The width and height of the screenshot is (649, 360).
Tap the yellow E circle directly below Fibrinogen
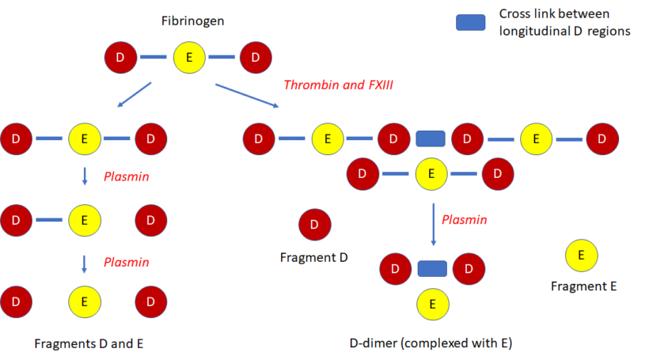(x=188, y=58)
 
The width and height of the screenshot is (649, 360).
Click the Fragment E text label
(x=583, y=286)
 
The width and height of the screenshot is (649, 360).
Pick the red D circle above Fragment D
(x=314, y=225)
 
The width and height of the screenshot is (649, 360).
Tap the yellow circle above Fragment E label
(x=582, y=256)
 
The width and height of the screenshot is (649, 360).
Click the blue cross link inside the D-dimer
(x=433, y=268)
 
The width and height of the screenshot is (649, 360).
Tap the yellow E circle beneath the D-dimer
(x=433, y=303)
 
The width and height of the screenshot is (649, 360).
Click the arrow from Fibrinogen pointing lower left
(x=135, y=93)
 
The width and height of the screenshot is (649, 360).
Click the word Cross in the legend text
(x=515, y=15)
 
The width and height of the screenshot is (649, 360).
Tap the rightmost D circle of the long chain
(x=602, y=138)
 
